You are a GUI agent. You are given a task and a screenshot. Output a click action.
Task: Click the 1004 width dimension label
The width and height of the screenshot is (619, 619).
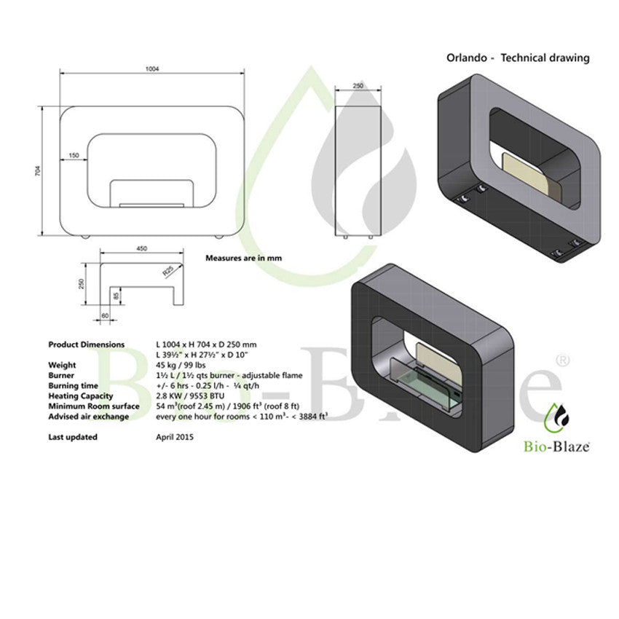point(152,68)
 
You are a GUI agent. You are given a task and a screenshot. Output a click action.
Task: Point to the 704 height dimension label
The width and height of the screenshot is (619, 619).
point(38,171)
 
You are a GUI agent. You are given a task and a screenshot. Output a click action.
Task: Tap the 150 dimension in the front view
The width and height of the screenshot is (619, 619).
point(74,155)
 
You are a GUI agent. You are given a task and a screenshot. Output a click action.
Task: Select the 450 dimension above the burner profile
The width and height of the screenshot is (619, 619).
point(141,248)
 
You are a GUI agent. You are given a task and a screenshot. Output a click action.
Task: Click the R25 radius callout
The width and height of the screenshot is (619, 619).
point(167,271)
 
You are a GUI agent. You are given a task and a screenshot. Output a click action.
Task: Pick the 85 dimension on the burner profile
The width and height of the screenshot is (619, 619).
point(116,295)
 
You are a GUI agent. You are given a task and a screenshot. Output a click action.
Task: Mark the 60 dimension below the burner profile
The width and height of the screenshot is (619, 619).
point(105,316)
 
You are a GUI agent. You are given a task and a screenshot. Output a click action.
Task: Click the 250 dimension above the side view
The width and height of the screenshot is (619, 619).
point(358,85)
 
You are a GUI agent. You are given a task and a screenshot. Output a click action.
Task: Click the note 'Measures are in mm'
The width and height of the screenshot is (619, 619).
point(243,259)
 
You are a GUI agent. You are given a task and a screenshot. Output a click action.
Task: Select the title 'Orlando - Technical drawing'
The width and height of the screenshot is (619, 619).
point(518,58)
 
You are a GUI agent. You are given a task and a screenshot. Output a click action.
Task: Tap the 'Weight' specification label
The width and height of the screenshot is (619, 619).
point(62,365)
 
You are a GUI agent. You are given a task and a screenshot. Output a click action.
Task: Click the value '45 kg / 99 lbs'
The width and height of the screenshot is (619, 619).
point(181,365)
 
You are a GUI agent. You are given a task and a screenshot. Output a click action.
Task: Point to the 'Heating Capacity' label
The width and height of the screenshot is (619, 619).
point(81,396)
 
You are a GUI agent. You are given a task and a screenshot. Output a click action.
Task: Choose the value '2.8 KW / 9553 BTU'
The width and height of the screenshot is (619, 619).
point(190,396)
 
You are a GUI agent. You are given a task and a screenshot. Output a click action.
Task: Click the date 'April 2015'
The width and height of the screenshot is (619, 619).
point(175,437)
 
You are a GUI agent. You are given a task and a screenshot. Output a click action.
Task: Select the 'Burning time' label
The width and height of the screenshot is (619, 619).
point(73,386)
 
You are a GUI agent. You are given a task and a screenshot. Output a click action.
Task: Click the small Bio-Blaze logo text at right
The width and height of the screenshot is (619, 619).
point(556,446)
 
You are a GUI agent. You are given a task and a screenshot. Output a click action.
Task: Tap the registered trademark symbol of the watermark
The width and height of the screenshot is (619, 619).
point(562,360)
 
